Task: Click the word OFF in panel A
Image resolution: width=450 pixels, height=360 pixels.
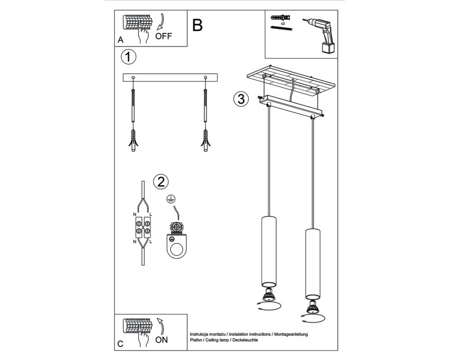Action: pos(163,36)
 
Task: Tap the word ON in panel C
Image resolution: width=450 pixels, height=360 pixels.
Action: pos(161,340)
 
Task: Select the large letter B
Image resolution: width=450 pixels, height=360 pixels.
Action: pos(197,25)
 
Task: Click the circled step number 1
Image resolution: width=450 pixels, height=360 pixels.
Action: pos(128,57)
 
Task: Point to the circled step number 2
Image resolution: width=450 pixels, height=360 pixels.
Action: pos(161,182)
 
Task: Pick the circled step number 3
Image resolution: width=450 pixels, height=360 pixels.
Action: pos(241,99)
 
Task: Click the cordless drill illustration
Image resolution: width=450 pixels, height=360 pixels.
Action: pos(321,35)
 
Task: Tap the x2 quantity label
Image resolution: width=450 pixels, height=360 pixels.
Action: pos(283,23)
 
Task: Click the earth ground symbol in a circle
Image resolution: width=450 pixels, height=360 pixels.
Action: pos(171,199)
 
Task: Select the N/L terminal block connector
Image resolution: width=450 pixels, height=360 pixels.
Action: pos(143,227)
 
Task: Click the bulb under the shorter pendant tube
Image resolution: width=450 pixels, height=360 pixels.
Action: pos(269,294)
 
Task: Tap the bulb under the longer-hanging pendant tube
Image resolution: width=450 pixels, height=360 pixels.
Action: pos(312,307)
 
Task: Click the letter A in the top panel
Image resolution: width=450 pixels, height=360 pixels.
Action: pos(121,40)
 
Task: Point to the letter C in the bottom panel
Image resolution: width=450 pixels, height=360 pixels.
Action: pos(121,344)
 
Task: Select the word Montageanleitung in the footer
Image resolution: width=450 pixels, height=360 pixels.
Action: pos(291,335)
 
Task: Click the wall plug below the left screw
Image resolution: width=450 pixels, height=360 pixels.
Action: pos(133,140)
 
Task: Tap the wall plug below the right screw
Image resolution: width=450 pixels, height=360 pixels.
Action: pos(205,140)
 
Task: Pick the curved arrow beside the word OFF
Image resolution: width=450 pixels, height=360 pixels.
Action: pos(162,21)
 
